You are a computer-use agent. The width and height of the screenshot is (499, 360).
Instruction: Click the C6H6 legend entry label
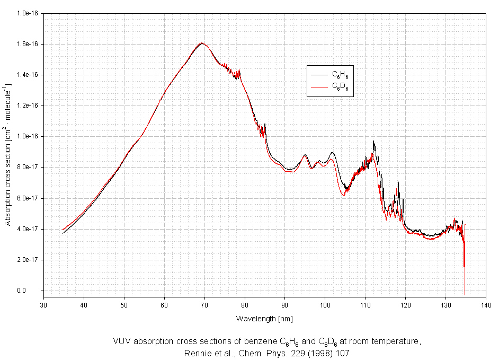[340, 76]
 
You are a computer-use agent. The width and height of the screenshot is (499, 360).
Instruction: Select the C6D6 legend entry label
[340, 86]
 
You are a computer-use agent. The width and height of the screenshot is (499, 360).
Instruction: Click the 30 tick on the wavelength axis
[43, 305]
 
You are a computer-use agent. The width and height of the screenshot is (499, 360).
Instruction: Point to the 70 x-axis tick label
[204, 305]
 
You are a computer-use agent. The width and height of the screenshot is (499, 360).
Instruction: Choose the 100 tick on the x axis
[325, 305]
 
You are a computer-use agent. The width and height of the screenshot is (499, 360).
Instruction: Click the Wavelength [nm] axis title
[264, 319]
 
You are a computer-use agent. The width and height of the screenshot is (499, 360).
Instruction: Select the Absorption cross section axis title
[8, 154]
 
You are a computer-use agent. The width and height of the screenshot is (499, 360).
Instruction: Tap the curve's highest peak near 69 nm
[202, 43]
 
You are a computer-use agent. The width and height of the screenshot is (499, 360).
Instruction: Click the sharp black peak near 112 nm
[373, 141]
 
